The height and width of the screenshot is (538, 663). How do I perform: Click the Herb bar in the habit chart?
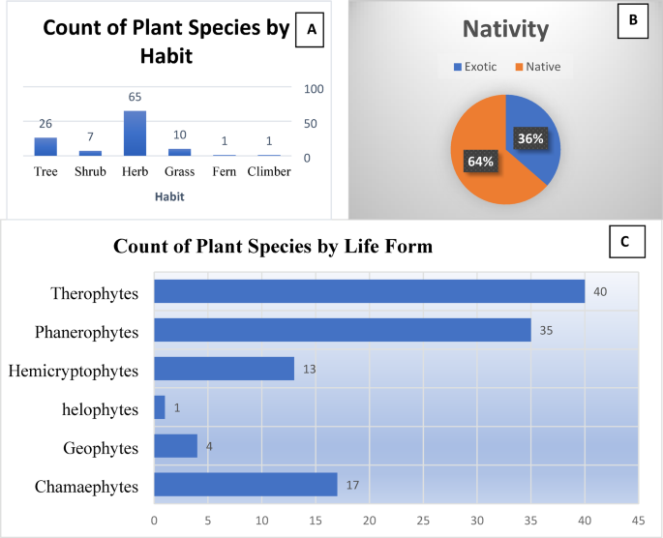(x=135, y=134)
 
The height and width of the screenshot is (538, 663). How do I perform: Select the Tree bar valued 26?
(x=45, y=146)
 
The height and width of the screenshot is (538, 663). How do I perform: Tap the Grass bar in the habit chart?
(x=180, y=152)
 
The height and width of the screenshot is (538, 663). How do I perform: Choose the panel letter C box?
(x=624, y=243)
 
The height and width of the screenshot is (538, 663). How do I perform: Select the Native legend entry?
(x=538, y=67)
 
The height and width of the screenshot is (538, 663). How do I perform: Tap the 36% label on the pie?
(x=529, y=138)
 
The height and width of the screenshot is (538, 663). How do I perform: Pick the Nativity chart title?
(x=506, y=30)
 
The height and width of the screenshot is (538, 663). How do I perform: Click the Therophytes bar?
(x=369, y=291)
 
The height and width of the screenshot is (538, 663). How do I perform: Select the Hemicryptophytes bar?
(x=224, y=369)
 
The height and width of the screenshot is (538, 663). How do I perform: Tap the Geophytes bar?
(x=175, y=446)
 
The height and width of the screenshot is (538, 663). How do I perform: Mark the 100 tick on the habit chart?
(x=315, y=89)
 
